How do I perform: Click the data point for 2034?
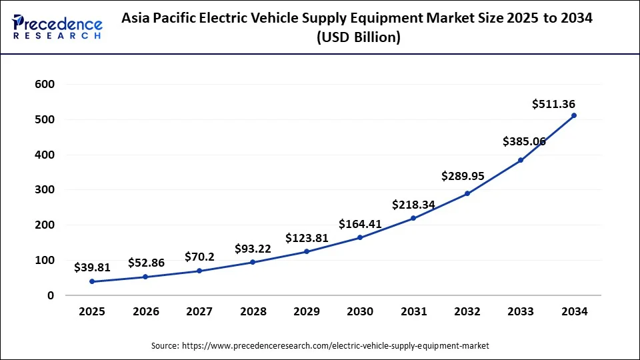(x=574, y=115)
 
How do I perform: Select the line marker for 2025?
(x=91, y=281)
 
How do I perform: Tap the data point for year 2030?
(x=360, y=237)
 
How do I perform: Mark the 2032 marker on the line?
(x=467, y=193)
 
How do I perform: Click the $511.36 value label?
(x=553, y=104)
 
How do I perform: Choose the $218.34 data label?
(x=413, y=205)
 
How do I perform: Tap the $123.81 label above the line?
(x=307, y=238)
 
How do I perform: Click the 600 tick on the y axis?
(x=45, y=85)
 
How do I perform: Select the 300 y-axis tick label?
(x=45, y=190)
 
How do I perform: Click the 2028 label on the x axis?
(x=253, y=311)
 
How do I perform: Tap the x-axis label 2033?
(x=521, y=311)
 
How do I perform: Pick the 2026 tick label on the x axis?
(x=145, y=311)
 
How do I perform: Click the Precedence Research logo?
(x=57, y=27)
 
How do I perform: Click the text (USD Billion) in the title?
(x=357, y=38)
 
